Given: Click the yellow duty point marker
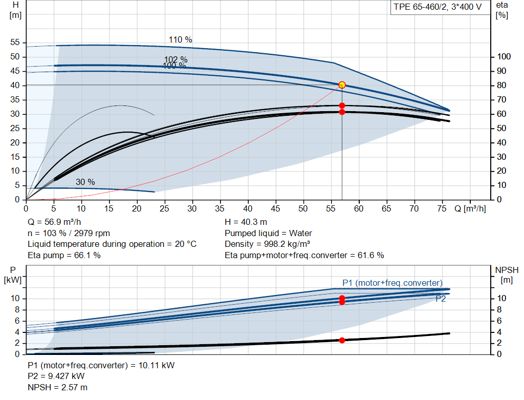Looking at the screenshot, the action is [x=342, y=85].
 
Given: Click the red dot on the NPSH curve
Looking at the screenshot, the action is [x=342, y=341].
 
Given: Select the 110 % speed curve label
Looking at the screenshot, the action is [x=181, y=40].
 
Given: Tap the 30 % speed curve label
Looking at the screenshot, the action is [x=85, y=182].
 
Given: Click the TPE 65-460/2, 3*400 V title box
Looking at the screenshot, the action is [x=438, y=7].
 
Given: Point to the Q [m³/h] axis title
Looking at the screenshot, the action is [x=470, y=208].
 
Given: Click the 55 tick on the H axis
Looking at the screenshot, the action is [x=15, y=43].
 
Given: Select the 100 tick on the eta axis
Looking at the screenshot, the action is [x=504, y=57].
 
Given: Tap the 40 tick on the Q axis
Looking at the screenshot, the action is [x=248, y=208].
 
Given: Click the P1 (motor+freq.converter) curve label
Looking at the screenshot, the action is [x=392, y=283].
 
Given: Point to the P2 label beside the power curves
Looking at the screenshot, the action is [x=441, y=299].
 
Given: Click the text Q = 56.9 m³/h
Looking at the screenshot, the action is [x=54, y=222].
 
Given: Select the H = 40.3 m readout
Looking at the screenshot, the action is [x=246, y=222].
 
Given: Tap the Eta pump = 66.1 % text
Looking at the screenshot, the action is [x=64, y=255].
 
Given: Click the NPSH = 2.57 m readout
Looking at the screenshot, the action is [x=57, y=387].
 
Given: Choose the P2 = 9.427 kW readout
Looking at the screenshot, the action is [x=56, y=376].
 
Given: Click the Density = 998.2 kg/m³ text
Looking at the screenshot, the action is [x=267, y=244].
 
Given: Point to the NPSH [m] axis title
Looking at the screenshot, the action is [x=507, y=275].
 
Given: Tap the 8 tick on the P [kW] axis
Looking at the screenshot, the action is [x=17, y=310].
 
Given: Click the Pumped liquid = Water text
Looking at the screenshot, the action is [x=268, y=233].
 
